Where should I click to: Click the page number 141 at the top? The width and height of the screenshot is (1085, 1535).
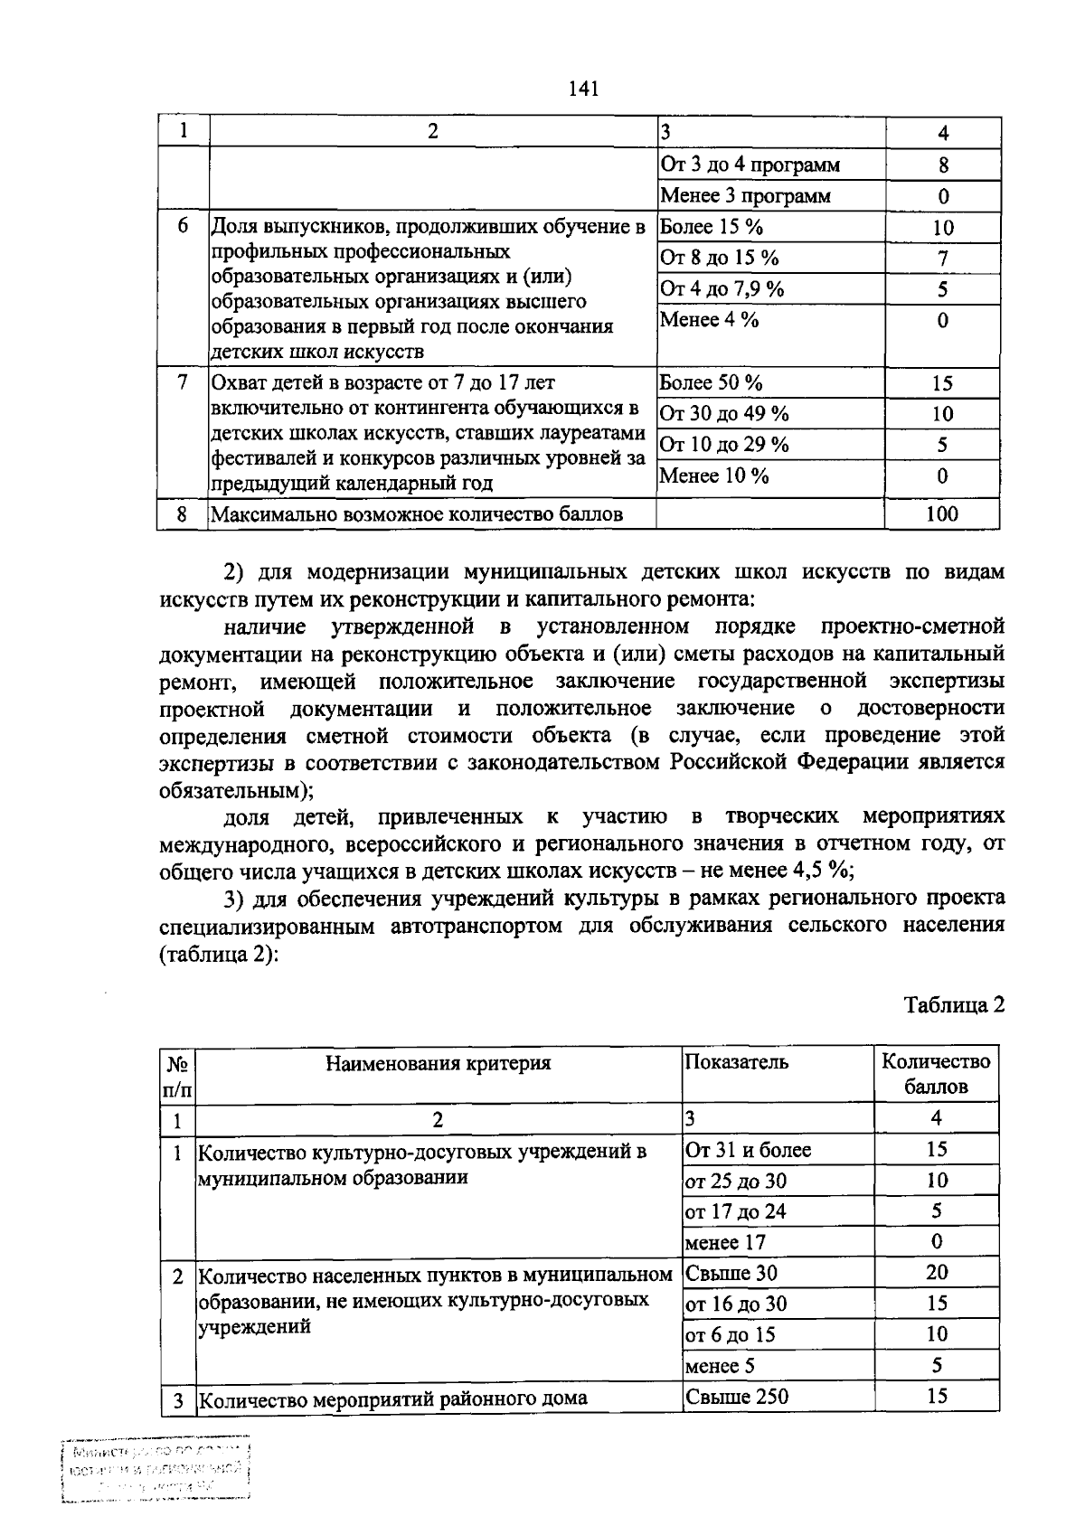point(584,89)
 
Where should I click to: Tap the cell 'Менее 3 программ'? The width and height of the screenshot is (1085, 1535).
point(745,196)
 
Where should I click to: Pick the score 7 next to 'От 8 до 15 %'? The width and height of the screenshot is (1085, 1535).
point(942,259)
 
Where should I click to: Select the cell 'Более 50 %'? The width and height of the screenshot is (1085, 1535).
point(711,382)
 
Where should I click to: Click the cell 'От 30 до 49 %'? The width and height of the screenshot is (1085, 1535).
point(724,414)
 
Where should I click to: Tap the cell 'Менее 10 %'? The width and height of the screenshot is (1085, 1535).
point(714,476)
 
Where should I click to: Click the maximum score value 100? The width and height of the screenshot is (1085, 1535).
point(942,514)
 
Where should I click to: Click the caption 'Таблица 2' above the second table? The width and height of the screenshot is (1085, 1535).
point(954,1005)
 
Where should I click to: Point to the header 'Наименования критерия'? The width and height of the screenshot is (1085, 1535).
point(439,1063)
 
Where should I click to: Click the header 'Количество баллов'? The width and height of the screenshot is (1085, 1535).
point(936,1074)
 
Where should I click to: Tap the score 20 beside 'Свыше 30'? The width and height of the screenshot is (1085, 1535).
point(937,1273)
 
